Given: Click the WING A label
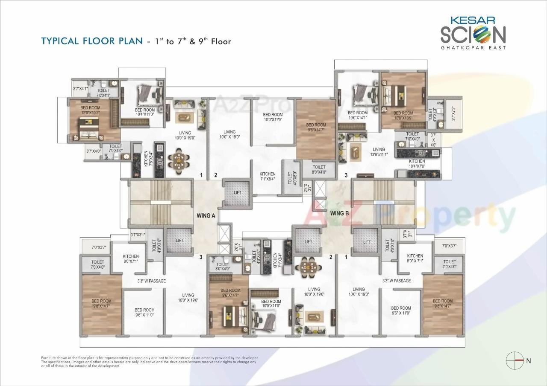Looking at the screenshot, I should pos(206,215).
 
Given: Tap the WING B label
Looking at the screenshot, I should pos(340,212).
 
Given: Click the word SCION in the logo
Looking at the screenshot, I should pos(473,35).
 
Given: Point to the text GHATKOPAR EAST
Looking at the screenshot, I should pos(473,48).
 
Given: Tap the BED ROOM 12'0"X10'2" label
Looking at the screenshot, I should pos(90,110).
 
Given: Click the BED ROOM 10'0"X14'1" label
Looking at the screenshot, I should pos(358,115).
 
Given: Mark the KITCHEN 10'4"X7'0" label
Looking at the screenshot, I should pos(417,164).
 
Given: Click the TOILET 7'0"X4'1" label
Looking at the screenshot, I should pos(103,93).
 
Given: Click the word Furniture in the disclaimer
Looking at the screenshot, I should pos(50,357).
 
